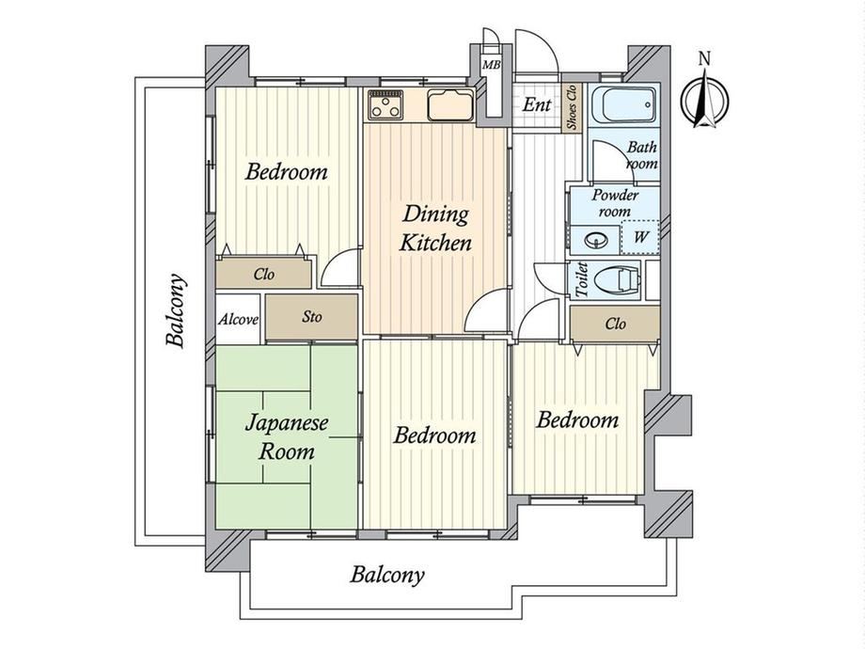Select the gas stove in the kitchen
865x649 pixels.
tap(385, 104)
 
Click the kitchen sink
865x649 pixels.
tap(450, 104)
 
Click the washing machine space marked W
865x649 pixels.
tap(640, 237)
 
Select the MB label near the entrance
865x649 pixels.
tap(491, 65)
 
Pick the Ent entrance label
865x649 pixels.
tap(536, 104)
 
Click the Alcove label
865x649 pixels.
tap(238, 320)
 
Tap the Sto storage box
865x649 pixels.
tap(312, 317)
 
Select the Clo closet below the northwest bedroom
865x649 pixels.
tap(263, 274)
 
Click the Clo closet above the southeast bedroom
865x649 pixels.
tap(615, 324)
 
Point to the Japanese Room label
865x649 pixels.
tap(287, 437)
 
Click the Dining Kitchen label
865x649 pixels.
tap(435, 229)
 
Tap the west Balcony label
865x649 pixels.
tap(176, 310)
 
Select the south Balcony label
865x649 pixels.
tap(387, 575)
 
